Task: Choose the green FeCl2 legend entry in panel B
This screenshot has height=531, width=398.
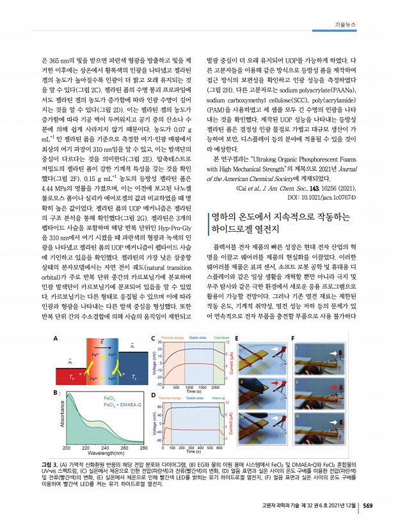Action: tap(112, 399)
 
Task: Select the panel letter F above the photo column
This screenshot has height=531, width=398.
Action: tap(292, 338)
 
